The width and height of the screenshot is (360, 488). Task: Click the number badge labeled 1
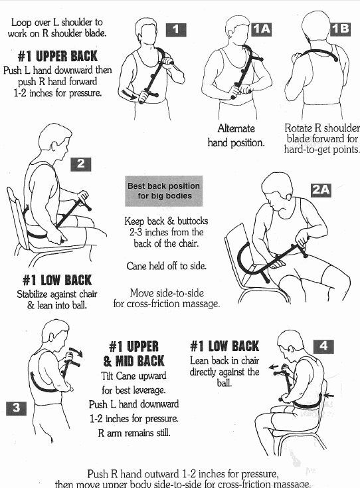click(x=176, y=30)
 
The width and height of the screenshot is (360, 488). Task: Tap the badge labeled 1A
click(x=261, y=29)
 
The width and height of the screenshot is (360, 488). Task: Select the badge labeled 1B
click(x=340, y=29)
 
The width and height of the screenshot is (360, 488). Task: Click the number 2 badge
click(x=81, y=164)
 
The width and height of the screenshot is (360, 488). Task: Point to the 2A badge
click(x=321, y=190)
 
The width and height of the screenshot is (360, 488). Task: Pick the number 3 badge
click(x=16, y=408)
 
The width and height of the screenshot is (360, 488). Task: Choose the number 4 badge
click(x=323, y=346)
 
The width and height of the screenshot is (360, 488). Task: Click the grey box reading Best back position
click(x=164, y=191)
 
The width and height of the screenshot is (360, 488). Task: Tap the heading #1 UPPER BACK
click(x=58, y=57)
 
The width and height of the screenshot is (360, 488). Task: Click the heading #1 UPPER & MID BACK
click(x=134, y=354)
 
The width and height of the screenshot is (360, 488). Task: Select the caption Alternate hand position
click(x=236, y=136)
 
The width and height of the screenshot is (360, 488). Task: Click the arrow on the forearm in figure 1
click(x=130, y=94)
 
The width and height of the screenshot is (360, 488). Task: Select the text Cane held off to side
click(x=166, y=266)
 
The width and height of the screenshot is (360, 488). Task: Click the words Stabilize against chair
click(x=57, y=294)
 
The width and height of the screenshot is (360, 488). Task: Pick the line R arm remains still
click(x=134, y=433)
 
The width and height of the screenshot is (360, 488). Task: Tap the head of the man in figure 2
click(x=55, y=141)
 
